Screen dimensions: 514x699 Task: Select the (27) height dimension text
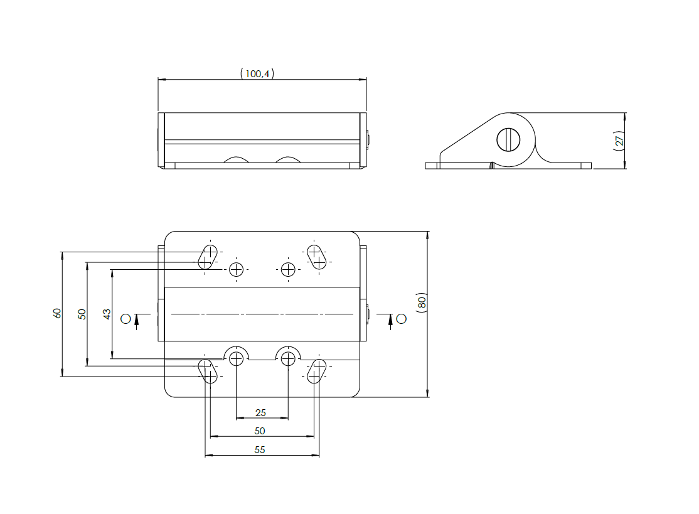pyautogui.click(x=619, y=141)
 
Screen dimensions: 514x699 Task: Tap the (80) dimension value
pyautogui.click(x=422, y=302)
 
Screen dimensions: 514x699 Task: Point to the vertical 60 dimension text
pyautogui.click(x=57, y=313)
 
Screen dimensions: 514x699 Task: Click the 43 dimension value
pyautogui.click(x=107, y=314)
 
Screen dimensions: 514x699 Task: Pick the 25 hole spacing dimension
pyautogui.click(x=261, y=412)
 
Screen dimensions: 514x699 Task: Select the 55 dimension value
pyautogui.click(x=260, y=449)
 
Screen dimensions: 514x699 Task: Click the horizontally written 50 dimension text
pyautogui.click(x=260, y=431)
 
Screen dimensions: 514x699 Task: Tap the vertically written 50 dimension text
pyautogui.click(x=82, y=314)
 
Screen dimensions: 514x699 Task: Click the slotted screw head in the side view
pyautogui.click(x=509, y=139)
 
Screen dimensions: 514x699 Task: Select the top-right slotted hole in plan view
pyautogui.click(x=316, y=256)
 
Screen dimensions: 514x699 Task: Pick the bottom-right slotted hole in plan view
pyautogui.click(x=316, y=370)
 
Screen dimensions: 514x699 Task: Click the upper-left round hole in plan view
pyautogui.click(x=237, y=270)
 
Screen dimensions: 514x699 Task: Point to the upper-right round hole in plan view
pyautogui.click(x=288, y=270)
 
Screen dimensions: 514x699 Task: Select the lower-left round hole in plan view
pyautogui.click(x=237, y=359)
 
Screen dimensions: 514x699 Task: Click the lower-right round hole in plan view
pyautogui.click(x=288, y=359)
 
